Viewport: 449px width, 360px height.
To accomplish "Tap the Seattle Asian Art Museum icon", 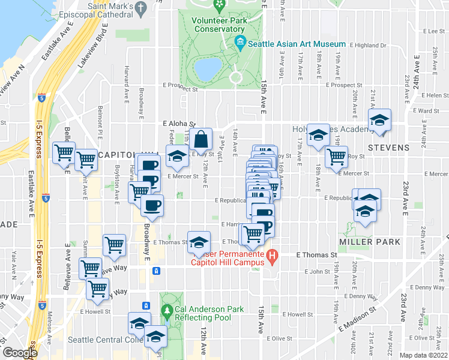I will tap(241, 43).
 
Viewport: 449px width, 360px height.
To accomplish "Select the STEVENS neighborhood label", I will tap(388, 148).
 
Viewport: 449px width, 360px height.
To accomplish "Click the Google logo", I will tap(19, 353).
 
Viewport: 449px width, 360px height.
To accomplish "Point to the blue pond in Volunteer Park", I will tap(206, 69).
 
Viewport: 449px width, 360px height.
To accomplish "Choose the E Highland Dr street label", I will tap(366, 45).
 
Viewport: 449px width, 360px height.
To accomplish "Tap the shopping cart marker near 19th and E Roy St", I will tap(336, 157).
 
